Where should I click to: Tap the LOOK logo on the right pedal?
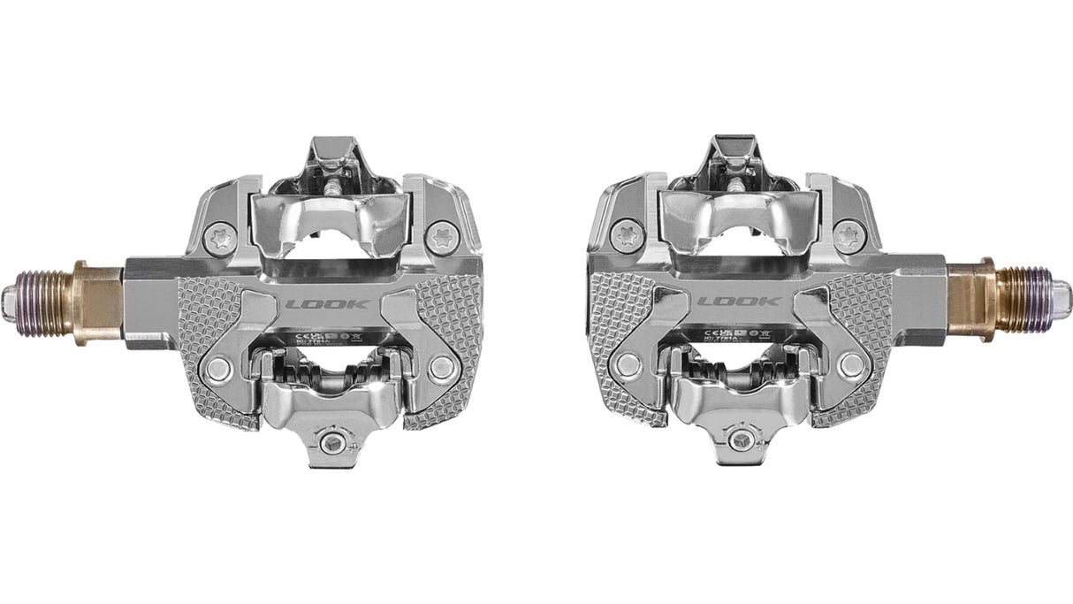coord(739,302)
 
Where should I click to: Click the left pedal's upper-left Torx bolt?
coord(220,237)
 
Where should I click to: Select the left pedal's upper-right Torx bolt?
coord(439,237)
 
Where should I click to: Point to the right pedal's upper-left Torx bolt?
coord(626,235)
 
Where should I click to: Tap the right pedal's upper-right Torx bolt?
coord(849,235)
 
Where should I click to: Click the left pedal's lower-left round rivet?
coord(217,369)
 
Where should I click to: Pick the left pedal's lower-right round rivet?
coord(442,368)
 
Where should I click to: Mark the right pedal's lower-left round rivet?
coord(628,363)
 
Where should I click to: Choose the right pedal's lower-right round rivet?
coord(852,364)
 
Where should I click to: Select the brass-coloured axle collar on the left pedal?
coord(98,303)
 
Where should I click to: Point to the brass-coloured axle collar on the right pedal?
coord(974,300)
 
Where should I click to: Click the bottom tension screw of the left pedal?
coord(332,442)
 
